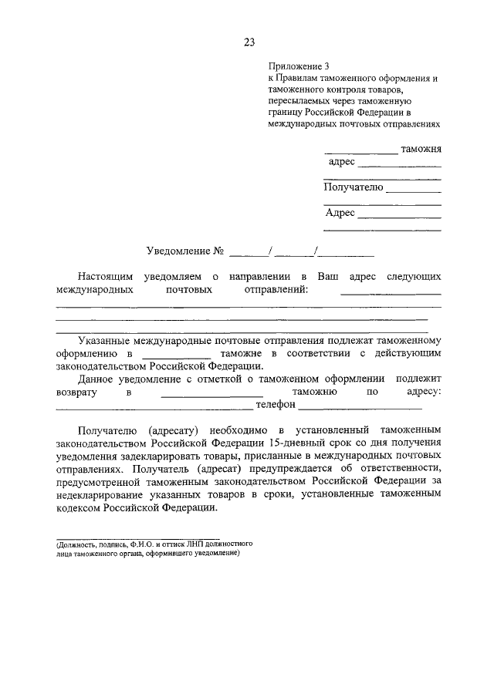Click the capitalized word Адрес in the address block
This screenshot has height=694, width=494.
pyautogui.click(x=340, y=213)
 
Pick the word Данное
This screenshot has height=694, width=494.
pyautogui.click(x=99, y=379)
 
